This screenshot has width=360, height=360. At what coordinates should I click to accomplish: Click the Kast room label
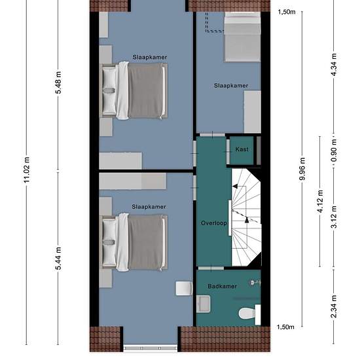[242, 149]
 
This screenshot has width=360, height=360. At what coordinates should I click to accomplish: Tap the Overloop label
[214, 223]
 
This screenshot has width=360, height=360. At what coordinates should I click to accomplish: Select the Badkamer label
[222, 286]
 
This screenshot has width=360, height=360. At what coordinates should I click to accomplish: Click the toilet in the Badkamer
[249, 314]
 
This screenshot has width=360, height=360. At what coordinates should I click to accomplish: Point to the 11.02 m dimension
[27, 170]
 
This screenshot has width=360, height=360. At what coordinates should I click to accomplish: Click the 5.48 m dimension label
[58, 82]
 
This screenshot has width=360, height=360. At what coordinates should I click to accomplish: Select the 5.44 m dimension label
[58, 259]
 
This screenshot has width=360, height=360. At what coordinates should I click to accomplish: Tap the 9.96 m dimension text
[302, 169]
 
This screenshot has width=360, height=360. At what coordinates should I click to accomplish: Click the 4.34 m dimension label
[334, 65]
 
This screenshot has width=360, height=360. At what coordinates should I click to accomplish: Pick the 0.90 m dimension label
[334, 150]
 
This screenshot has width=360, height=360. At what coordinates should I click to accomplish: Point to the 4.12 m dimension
[320, 202]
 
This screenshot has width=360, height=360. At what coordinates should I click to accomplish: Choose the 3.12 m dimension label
[334, 217]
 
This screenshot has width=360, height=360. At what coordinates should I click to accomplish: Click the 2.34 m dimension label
[334, 306]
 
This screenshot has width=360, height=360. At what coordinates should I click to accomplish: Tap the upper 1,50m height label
[287, 12]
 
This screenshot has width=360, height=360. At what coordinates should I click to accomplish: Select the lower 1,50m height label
[285, 327]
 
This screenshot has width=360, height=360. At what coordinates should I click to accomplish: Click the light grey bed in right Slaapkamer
[242, 37]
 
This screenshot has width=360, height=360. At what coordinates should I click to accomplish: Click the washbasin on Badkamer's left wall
[203, 304]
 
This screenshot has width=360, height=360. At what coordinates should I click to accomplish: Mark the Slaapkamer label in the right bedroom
[231, 86]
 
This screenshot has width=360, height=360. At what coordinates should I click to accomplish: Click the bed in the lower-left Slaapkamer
[134, 242]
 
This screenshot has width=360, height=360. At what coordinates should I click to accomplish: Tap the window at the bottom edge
[151, 348]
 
